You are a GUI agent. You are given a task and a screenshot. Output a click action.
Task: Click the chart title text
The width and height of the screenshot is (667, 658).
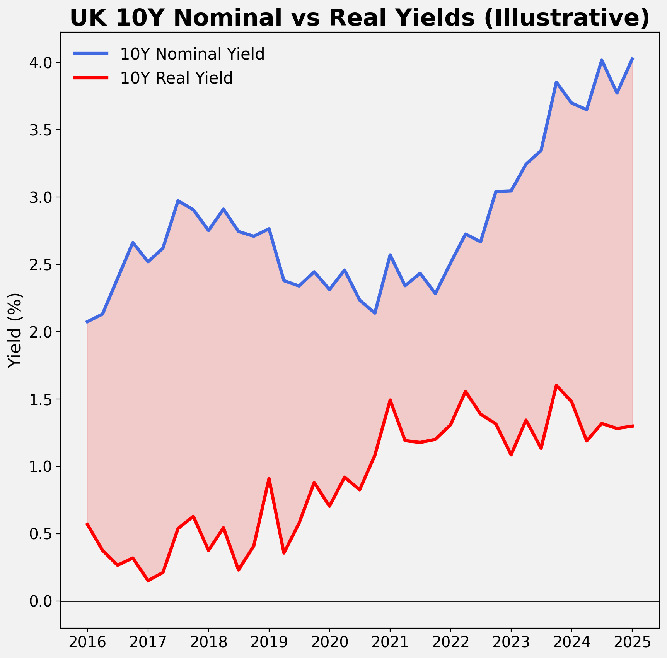(360, 18)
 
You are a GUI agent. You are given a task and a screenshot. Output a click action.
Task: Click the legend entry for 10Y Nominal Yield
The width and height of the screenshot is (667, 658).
(192, 54)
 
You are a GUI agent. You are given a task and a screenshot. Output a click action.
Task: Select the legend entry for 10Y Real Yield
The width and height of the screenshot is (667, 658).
(176, 78)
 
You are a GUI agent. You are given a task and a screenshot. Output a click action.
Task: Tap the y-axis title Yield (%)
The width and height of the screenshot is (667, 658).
(15, 330)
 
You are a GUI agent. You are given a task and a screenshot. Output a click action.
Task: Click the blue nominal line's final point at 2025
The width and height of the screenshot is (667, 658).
(632, 58)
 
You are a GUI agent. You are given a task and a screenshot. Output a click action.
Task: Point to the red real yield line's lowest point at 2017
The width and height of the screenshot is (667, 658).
(148, 581)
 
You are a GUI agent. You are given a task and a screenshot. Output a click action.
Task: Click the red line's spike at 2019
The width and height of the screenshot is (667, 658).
(269, 479)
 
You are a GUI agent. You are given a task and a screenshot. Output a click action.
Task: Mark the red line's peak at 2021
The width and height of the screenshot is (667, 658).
(390, 400)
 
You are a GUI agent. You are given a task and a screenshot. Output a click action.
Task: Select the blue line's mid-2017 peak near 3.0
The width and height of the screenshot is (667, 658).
(178, 201)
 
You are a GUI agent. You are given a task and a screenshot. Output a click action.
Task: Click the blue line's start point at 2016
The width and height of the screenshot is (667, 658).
(87, 322)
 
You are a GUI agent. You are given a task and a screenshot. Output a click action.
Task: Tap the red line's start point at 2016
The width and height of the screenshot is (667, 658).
(87, 524)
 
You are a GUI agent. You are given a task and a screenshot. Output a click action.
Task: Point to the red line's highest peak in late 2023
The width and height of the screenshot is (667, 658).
(556, 386)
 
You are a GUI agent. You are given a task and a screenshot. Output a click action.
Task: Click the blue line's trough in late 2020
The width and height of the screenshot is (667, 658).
(375, 313)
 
